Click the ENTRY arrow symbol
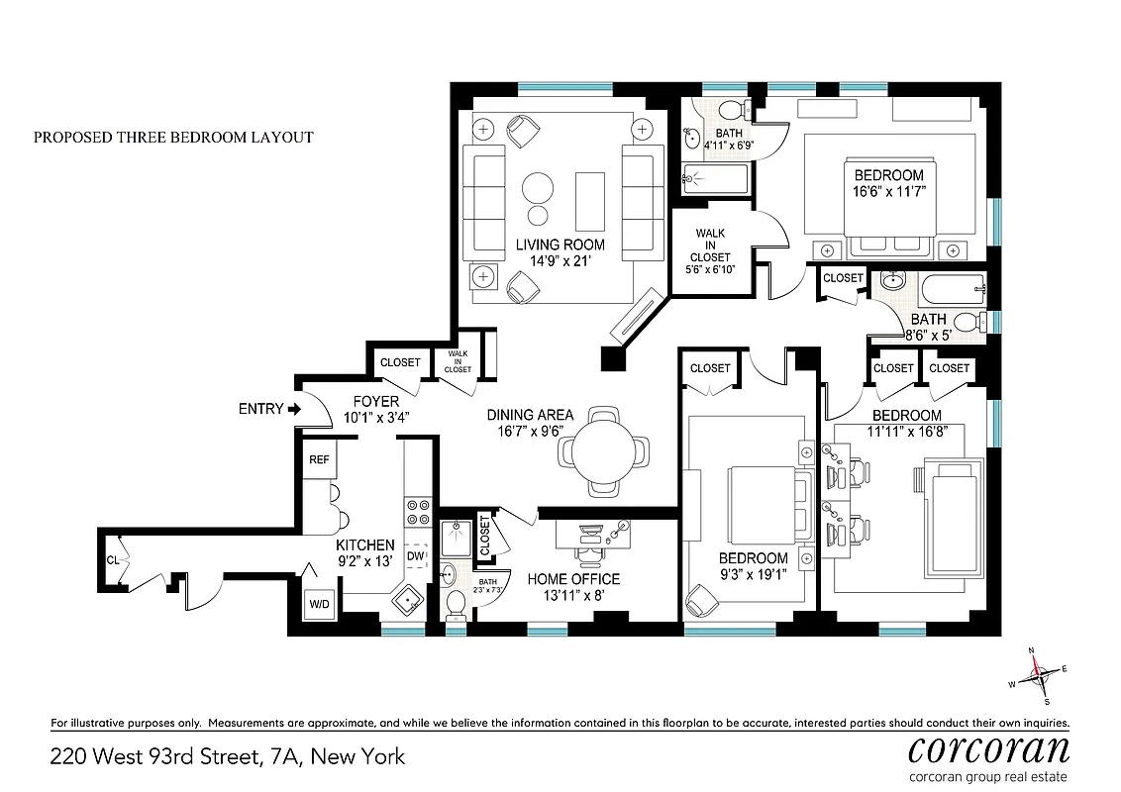pyautogui.click(x=292, y=408)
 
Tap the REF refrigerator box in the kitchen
pyautogui.click(x=319, y=460)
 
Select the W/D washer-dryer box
pyautogui.click(x=319, y=603)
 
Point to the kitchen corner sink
pyautogui.click(x=407, y=600)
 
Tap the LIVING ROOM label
pyautogui.click(x=560, y=245)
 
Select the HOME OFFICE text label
pyautogui.click(x=573, y=579)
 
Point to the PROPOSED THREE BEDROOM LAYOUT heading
pyautogui.click(x=173, y=138)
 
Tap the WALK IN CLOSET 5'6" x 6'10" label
pyautogui.click(x=710, y=251)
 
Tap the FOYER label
pyautogui.click(x=376, y=401)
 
